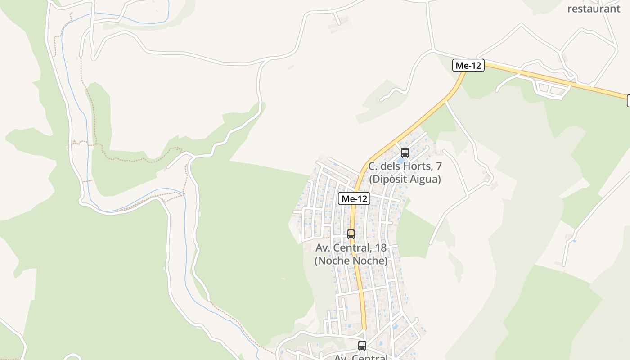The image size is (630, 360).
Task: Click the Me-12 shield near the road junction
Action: tap(468, 66)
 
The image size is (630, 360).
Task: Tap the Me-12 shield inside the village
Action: tap(354, 198)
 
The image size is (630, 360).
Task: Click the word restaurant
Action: tap(594, 9)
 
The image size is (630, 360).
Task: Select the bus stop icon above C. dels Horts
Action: tap(405, 153)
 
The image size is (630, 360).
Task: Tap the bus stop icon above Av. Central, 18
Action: tap(351, 234)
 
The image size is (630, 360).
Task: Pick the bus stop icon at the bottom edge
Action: tap(362, 346)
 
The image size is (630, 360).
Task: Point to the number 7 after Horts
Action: tap(438, 166)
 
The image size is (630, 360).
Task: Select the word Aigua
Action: tap(427, 179)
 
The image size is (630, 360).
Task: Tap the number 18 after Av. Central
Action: tap(380, 247)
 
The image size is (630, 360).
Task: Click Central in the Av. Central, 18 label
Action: tap(353, 247)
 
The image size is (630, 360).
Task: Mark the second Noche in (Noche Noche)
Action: tap(369, 261)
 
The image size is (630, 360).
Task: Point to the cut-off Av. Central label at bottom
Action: tap(360, 357)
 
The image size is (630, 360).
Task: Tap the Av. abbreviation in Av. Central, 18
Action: tap(323, 247)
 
